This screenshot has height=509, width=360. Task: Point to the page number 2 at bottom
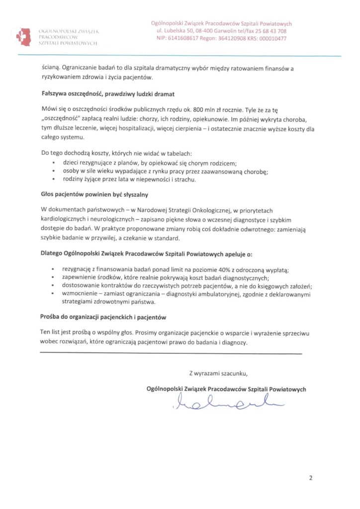pos(311,478)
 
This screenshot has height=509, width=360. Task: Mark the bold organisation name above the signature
pos(227,389)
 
